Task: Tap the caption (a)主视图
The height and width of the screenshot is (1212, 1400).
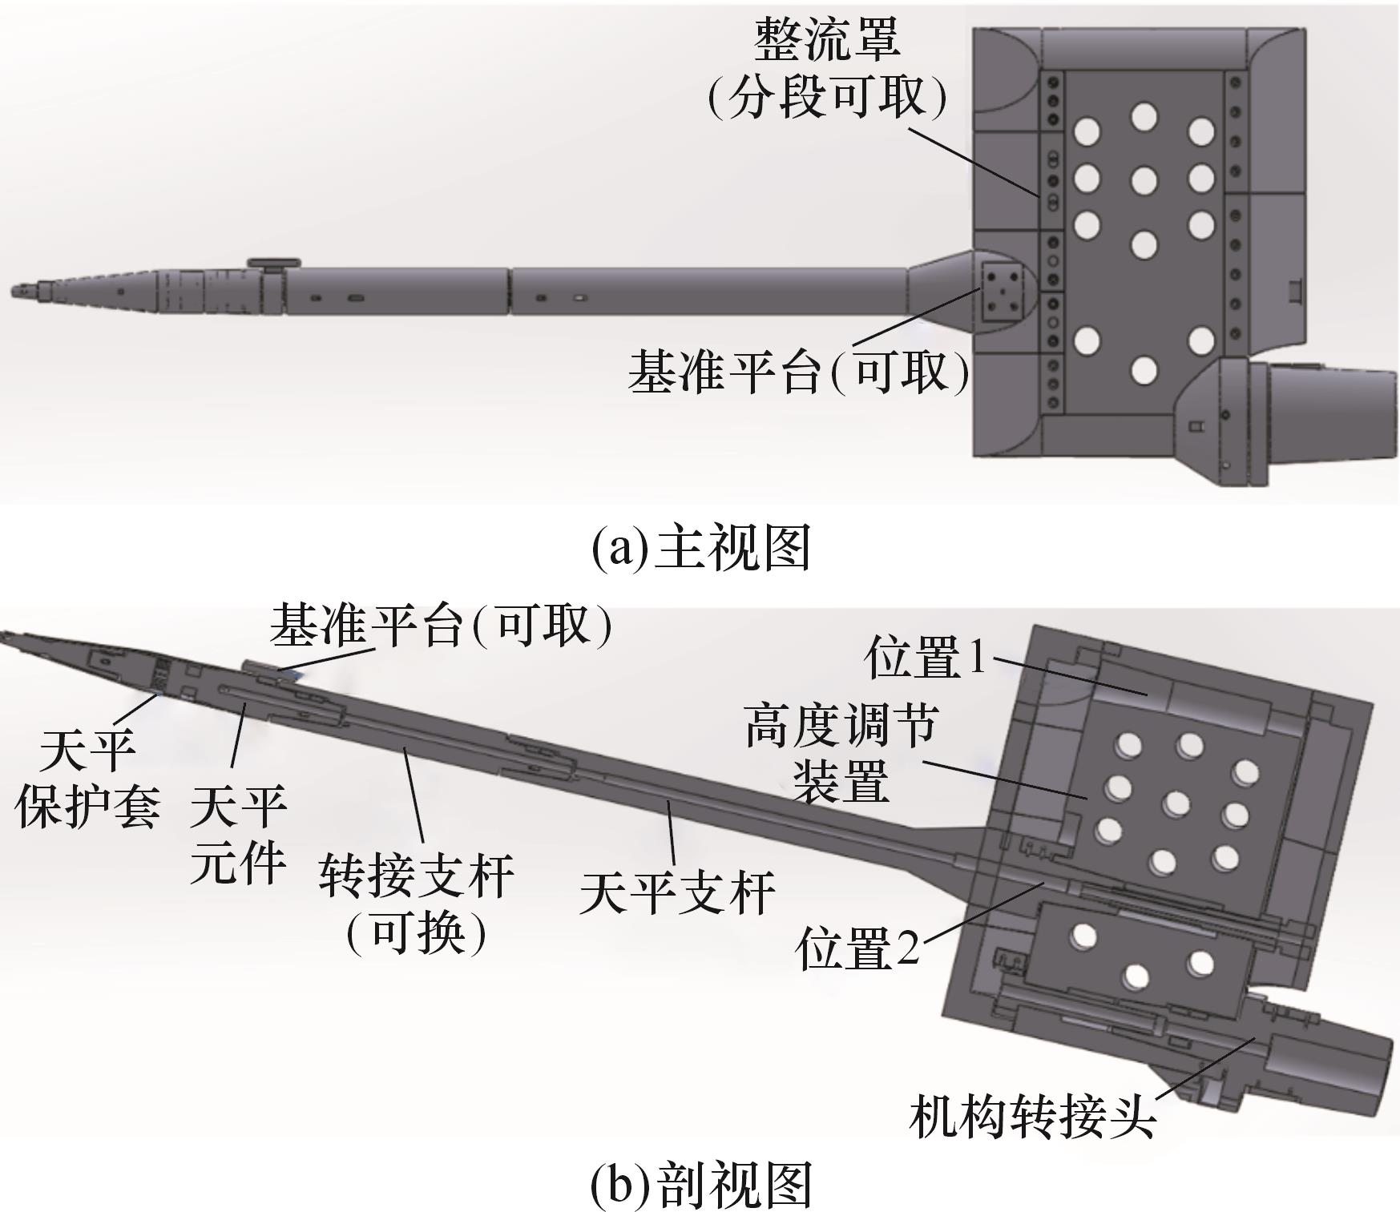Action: [700, 549]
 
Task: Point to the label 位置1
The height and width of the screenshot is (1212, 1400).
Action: [925, 658]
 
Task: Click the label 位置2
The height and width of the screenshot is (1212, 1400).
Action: [857, 948]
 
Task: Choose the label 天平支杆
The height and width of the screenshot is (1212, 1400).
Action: [677, 892]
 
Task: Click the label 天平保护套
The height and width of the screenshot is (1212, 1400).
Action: [87, 777]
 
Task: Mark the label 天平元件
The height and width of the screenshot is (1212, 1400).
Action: [238, 833]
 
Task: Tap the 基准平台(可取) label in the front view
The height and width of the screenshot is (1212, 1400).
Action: [798, 372]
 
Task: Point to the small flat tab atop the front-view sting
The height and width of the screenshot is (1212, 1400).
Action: [273, 263]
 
